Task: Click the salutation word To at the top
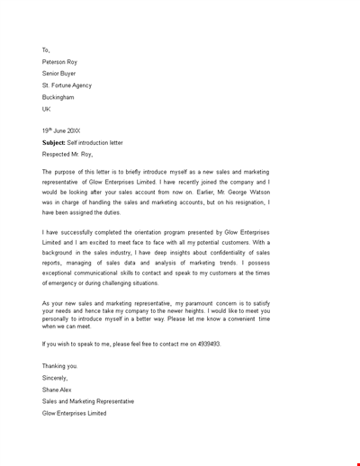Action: pos(46,50)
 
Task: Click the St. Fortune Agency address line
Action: pos(67,85)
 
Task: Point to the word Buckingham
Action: pos(58,97)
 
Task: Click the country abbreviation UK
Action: pos(47,109)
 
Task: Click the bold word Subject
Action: pos(54,142)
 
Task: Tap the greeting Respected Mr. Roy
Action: pos(67,154)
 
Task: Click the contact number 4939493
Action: pos(207,344)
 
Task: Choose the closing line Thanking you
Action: pos(60,366)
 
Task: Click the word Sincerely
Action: pos(56,378)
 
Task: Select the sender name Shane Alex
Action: pos(57,390)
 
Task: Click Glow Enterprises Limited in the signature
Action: pos(74,413)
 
